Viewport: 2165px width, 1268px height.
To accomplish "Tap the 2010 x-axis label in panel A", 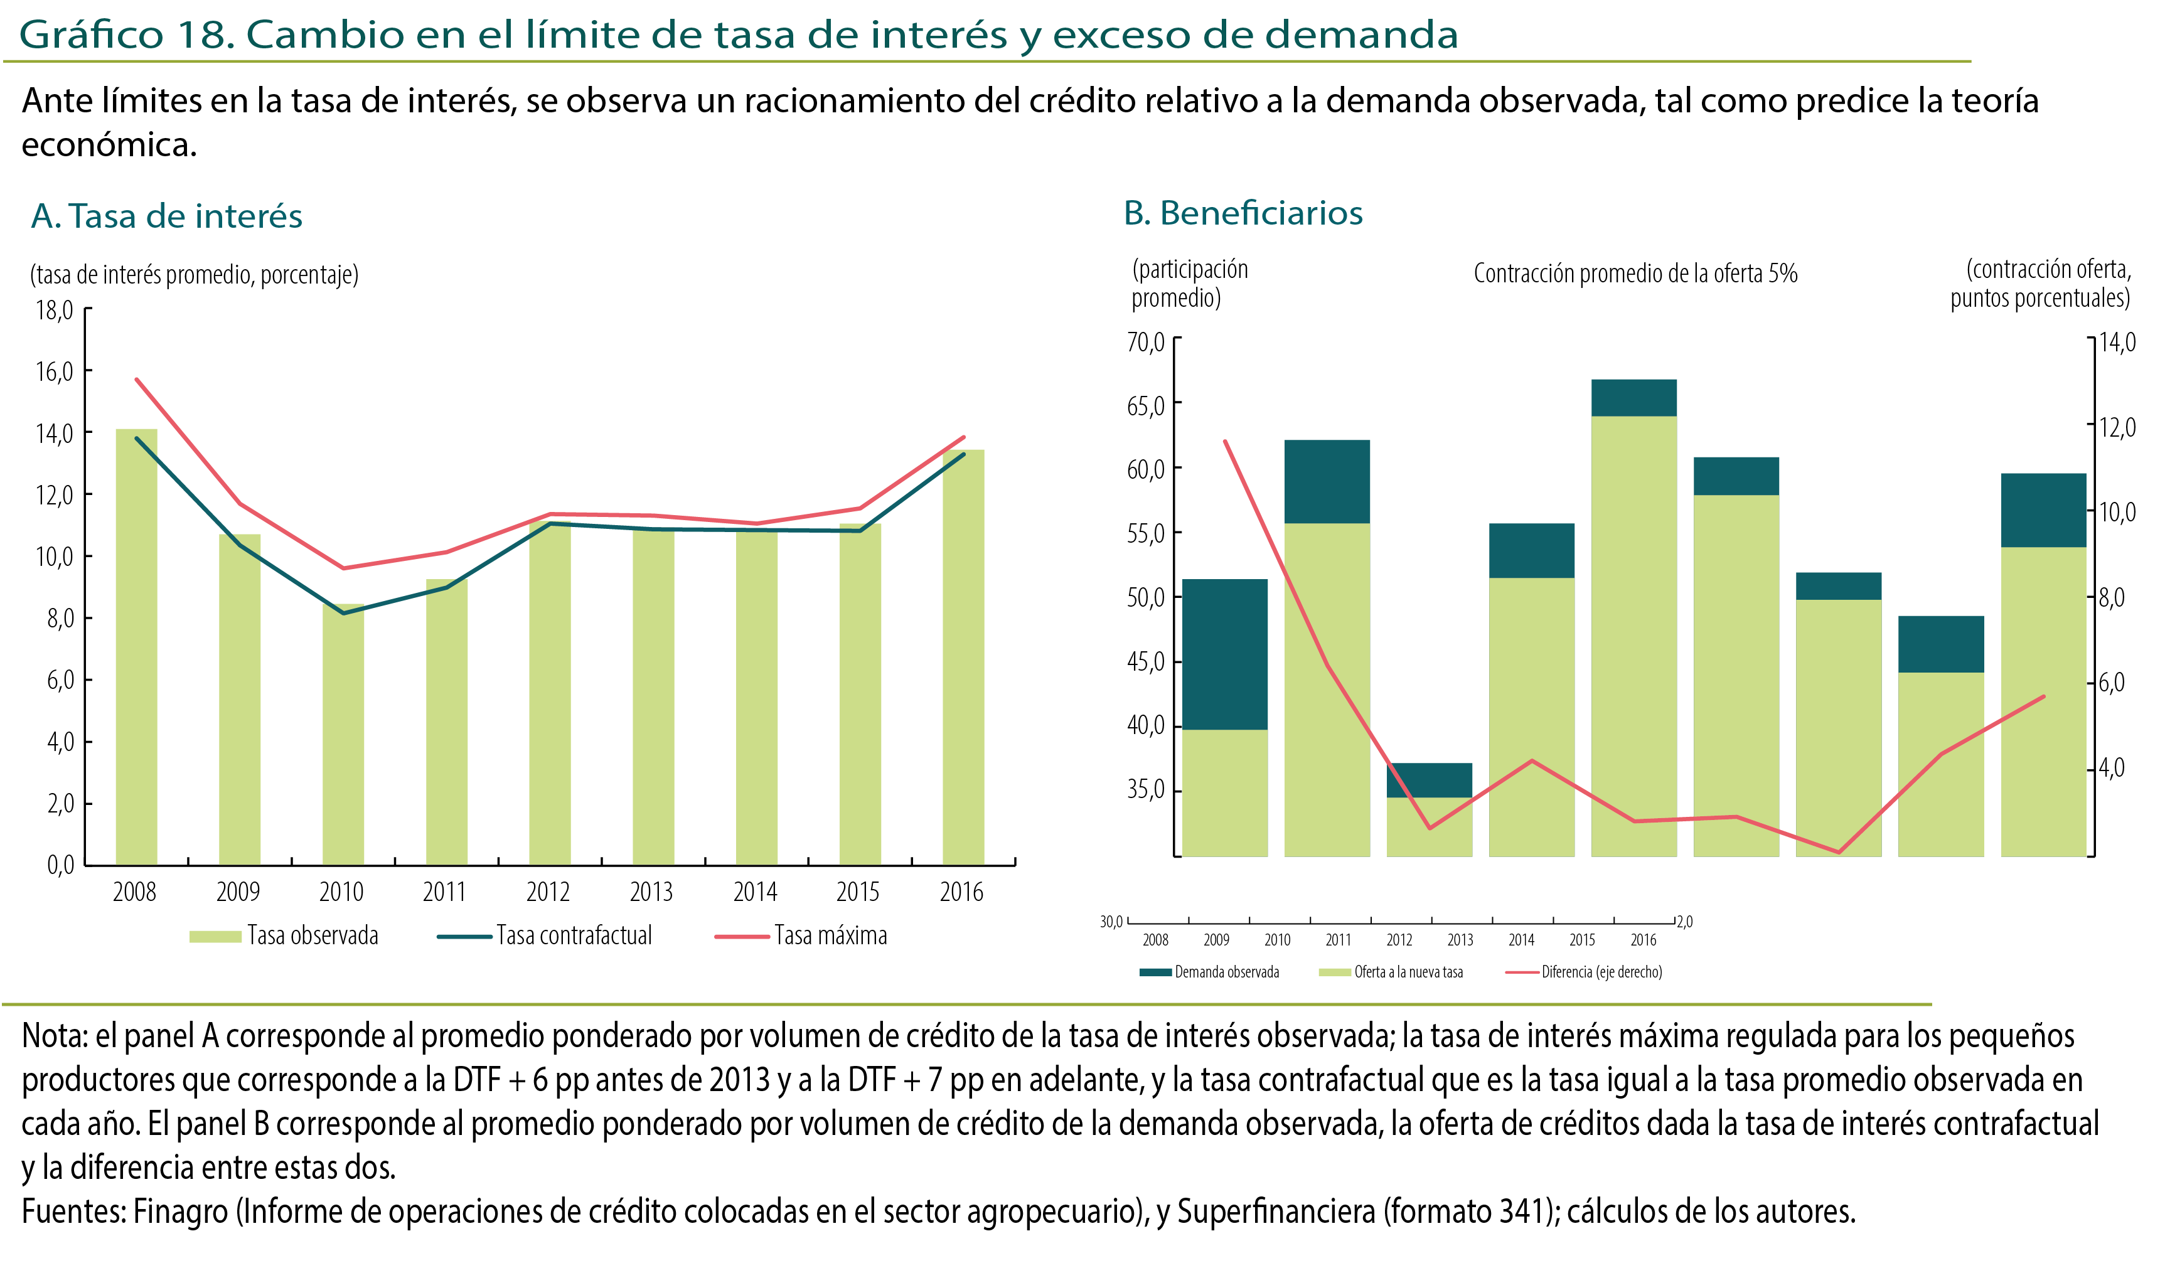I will [x=341, y=893].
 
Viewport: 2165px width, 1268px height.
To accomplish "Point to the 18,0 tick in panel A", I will [x=54, y=310].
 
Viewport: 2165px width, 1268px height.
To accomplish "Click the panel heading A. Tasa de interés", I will [x=167, y=216].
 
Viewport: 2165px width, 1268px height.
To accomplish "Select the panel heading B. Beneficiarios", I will [x=1243, y=213].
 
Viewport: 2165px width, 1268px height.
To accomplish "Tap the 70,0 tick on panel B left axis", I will [x=1145, y=343].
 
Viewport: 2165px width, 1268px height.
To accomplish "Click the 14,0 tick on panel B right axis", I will [x=2117, y=343].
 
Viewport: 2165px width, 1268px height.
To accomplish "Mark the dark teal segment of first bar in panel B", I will [x=1224, y=654].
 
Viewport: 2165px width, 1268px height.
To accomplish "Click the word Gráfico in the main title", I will [x=90, y=35].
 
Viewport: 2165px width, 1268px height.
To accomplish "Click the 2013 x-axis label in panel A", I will [x=651, y=893].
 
